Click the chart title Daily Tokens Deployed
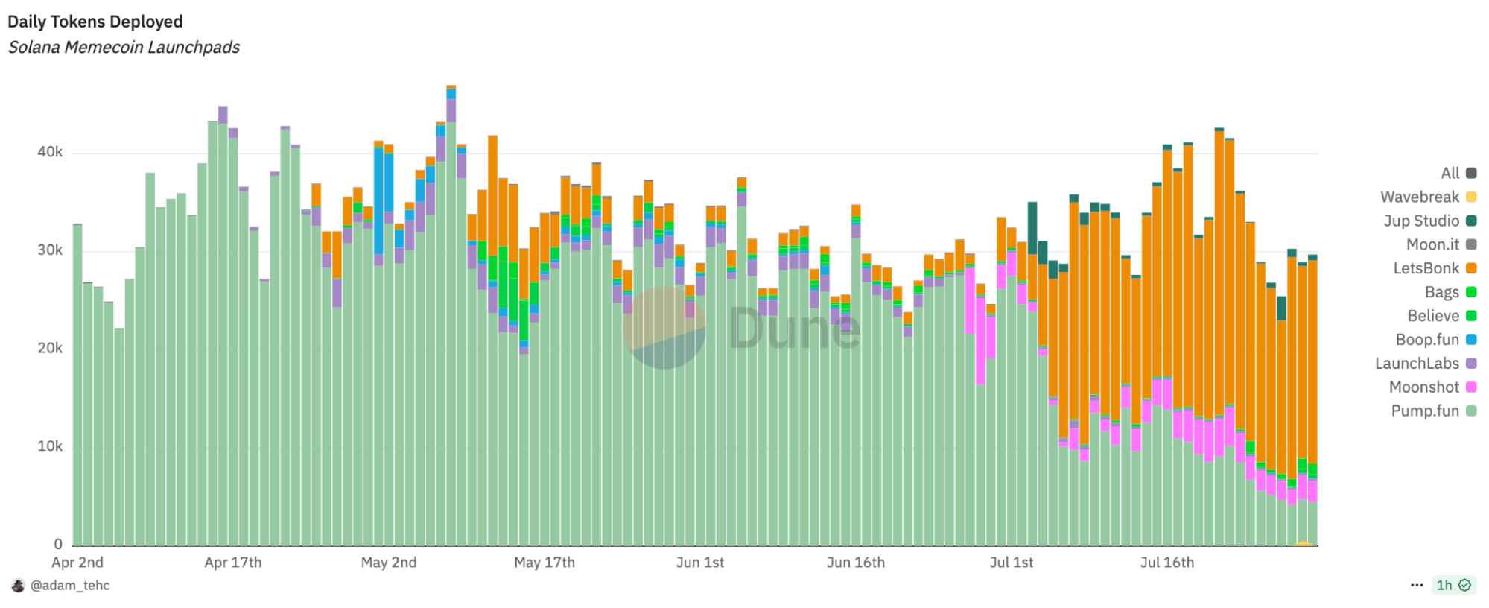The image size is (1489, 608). (95, 22)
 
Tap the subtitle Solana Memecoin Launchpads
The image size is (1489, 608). (124, 47)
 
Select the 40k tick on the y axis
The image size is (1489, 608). (50, 152)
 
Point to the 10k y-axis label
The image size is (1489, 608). (50, 446)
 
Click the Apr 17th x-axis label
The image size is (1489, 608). (233, 563)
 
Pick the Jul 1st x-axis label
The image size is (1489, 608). (1011, 563)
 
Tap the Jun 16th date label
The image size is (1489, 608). (855, 563)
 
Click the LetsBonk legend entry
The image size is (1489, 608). (1426, 268)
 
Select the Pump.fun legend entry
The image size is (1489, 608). (1424, 411)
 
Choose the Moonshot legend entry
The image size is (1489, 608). (1423, 387)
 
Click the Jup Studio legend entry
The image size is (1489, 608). (1421, 221)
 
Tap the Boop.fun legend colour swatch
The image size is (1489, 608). (1471, 340)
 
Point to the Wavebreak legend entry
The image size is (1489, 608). (1419, 197)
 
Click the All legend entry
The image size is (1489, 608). (1450, 173)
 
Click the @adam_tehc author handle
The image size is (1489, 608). (70, 586)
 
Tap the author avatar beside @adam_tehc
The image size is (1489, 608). (18, 586)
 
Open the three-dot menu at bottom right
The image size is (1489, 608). (1417, 586)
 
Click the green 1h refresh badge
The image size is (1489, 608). (1453, 586)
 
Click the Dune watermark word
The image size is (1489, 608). (794, 329)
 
